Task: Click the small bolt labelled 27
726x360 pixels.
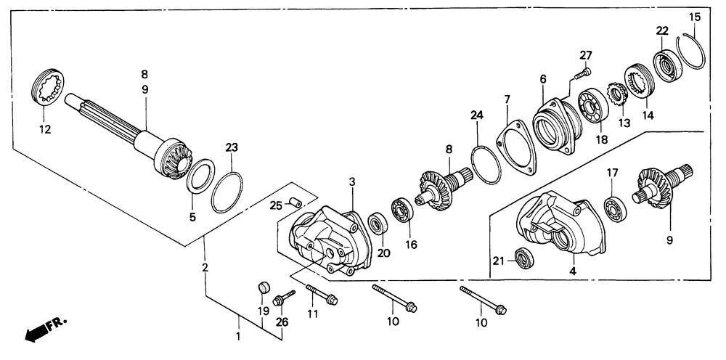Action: tap(580, 72)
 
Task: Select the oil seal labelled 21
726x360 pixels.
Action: tap(522, 256)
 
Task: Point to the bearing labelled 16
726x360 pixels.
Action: tap(401, 210)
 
